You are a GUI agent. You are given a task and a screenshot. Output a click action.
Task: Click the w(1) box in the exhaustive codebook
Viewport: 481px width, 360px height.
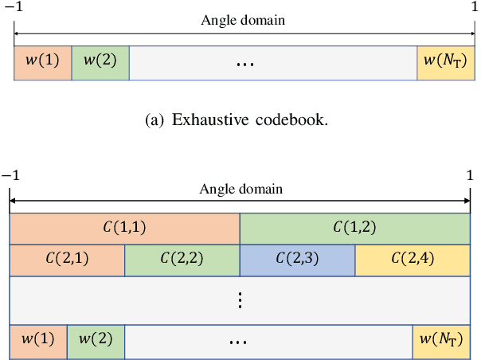(x=43, y=64)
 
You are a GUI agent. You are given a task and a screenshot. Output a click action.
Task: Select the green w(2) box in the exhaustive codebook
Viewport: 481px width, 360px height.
(x=100, y=64)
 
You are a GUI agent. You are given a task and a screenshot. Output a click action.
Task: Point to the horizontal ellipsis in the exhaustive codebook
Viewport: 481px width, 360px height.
(x=245, y=65)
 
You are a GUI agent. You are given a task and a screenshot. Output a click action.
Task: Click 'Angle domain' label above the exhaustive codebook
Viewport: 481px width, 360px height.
(x=243, y=21)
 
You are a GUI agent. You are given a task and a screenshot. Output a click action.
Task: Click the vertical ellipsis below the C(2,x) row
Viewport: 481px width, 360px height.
(x=240, y=300)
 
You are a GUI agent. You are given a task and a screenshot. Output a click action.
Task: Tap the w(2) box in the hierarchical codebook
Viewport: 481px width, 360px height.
(x=96, y=340)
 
